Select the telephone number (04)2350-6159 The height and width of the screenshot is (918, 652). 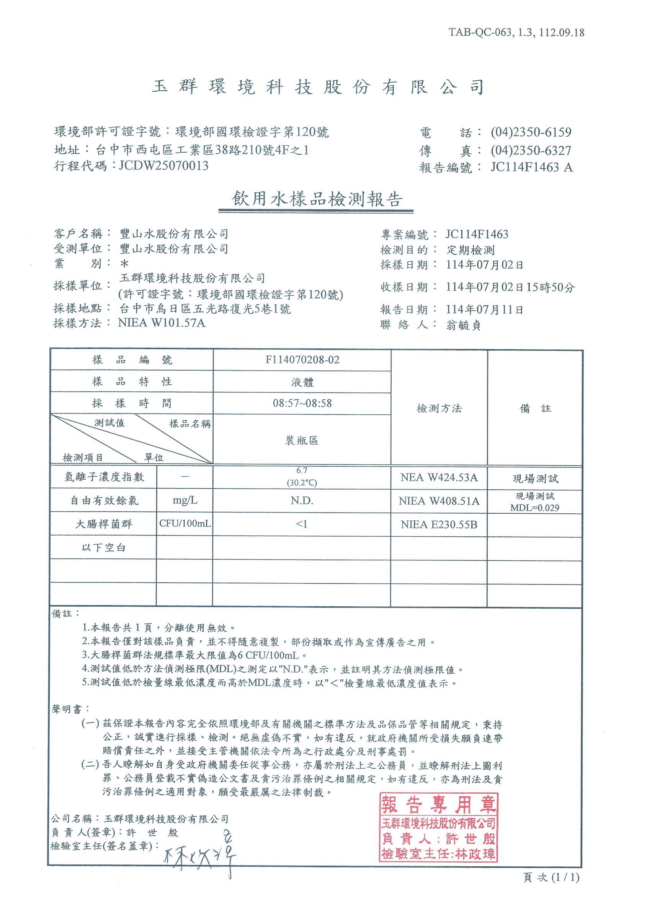point(531,132)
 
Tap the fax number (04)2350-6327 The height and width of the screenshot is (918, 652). point(531,150)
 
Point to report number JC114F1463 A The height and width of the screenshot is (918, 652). point(531,167)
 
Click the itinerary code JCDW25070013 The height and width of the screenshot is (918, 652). point(163,166)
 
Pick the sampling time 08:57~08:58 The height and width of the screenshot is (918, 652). point(302,403)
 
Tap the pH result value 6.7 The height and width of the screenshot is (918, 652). point(302,470)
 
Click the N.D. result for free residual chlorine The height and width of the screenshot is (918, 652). point(302,501)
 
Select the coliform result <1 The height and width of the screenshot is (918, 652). point(302,524)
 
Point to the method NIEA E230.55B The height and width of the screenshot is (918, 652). point(439,524)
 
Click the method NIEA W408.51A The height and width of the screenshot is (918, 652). point(439,501)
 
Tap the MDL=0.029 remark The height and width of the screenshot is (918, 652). point(535,508)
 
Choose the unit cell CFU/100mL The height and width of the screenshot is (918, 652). point(185,523)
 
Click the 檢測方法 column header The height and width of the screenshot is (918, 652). point(439,409)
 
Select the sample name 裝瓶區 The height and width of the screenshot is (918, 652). point(302,441)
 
